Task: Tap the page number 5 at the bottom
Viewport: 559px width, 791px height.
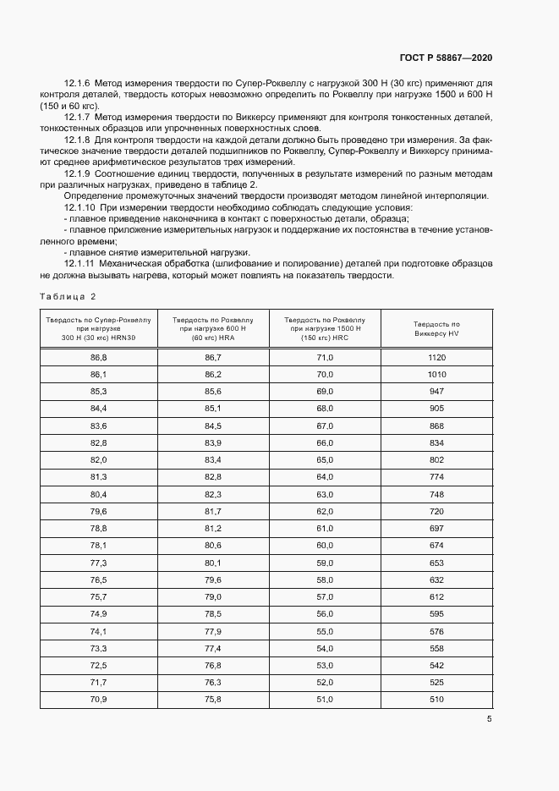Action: click(489, 720)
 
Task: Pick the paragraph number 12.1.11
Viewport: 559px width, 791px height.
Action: click(80, 264)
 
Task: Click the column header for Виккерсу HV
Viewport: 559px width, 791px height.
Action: click(436, 328)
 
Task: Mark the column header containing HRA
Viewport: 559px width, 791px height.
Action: click(212, 328)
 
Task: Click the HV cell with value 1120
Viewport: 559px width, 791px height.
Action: click(436, 358)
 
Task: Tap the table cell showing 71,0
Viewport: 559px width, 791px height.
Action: click(325, 358)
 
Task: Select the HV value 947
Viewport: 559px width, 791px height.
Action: click(436, 392)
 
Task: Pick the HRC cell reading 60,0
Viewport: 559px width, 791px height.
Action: click(325, 546)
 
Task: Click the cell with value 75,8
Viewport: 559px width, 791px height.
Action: click(212, 700)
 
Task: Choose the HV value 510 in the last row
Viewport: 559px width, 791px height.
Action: click(436, 700)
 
